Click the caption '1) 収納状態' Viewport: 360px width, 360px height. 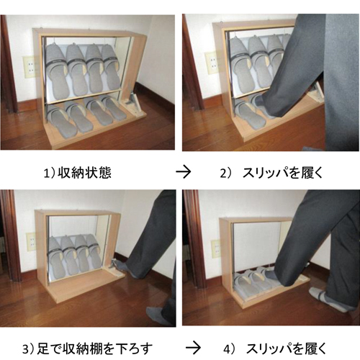pyautogui.click(x=77, y=173)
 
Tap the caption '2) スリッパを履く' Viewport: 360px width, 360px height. pyautogui.click(x=271, y=173)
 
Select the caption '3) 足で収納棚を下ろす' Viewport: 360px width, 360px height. pyautogui.click(x=87, y=348)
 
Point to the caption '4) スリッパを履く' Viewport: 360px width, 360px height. pyautogui.click(x=275, y=348)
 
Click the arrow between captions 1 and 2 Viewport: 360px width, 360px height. pyautogui.click(x=184, y=172)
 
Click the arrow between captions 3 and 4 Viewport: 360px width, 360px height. pyautogui.click(x=193, y=348)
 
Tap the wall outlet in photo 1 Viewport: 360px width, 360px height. pyautogui.click(x=29, y=67)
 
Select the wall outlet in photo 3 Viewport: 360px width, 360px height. pyautogui.click(x=30, y=242)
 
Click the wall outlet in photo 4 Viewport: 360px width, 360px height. pyautogui.click(x=216, y=248)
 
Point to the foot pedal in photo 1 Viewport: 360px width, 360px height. pyautogui.click(x=133, y=103)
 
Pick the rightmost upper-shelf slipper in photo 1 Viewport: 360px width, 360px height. pyautogui.click(x=111, y=67)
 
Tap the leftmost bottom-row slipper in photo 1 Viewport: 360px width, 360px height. pyautogui.click(x=61, y=121)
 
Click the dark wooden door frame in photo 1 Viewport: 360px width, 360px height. pyautogui.click(x=9, y=65)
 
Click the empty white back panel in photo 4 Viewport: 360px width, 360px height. pyautogui.click(x=256, y=245)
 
